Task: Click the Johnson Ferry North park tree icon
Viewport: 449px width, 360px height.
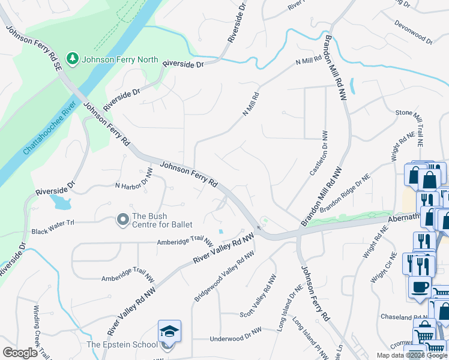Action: click(x=73, y=59)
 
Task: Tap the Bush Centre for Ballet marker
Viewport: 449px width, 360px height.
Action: click(x=123, y=220)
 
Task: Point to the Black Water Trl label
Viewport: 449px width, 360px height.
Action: click(x=52, y=231)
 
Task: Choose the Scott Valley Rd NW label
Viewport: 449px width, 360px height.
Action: click(x=258, y=297)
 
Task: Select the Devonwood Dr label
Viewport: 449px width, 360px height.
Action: click(x=414, y=32)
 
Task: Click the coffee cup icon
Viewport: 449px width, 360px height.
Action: click(x=420, y=286)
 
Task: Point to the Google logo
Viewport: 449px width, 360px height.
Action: click(x=20, y=352)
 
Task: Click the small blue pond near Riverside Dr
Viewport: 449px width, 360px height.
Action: click(x=61, y=201)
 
